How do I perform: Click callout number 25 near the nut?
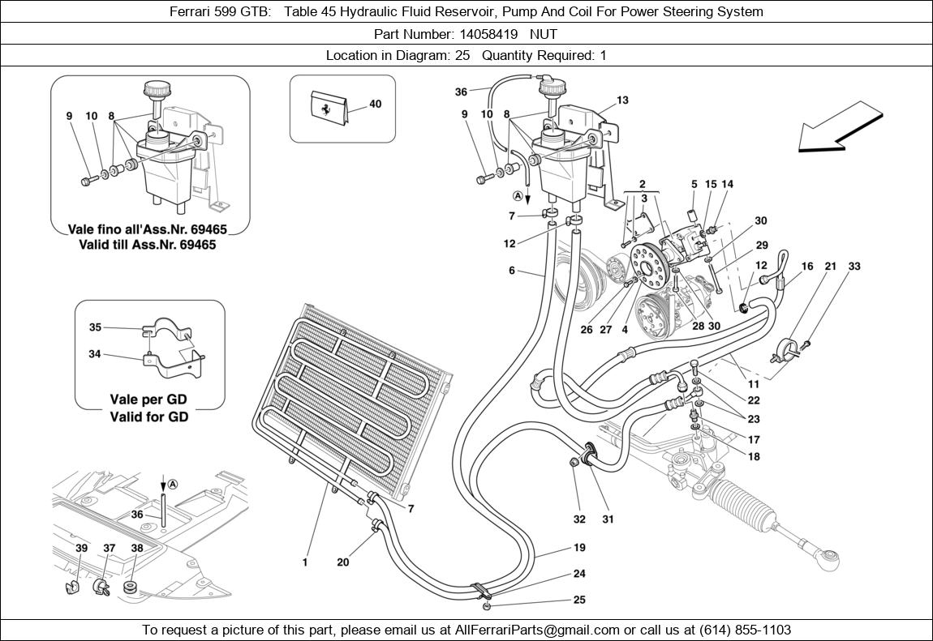point(578,600)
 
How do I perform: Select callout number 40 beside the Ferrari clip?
point(375,105)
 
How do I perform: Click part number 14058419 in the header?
point(487,34)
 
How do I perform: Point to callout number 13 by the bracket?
point(622,100)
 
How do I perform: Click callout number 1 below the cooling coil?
point(305,562)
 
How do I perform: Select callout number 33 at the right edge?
point(854,267)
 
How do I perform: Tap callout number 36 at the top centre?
point(461,92)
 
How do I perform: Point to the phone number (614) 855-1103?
point(739,630)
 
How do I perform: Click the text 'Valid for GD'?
point(148,417)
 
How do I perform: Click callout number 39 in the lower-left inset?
point(81,549)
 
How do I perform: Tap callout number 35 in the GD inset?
point(95,327)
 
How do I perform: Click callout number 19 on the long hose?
point(578,549)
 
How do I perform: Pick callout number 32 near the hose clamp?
point(578,519)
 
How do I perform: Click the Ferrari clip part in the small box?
point(330,108)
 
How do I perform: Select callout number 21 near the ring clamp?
point(830,267)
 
